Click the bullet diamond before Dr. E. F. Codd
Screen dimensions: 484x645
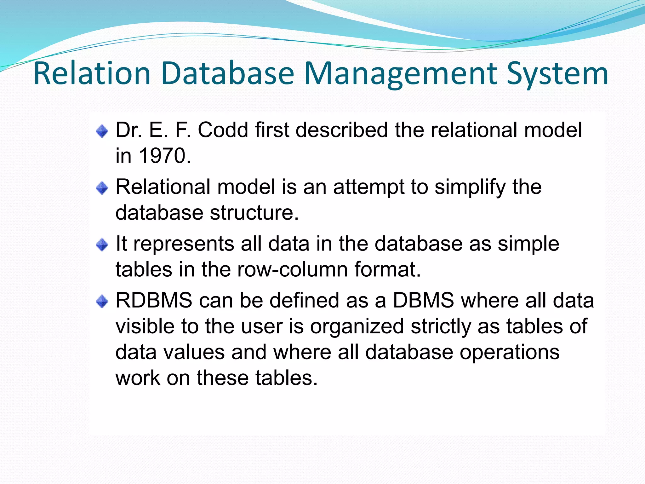coord(102,131)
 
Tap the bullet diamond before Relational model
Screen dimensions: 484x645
coord(102,188)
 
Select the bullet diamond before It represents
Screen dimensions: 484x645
coord(102,245)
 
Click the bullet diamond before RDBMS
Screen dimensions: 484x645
coord(102,302)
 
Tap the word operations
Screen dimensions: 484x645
coord(509,352)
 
